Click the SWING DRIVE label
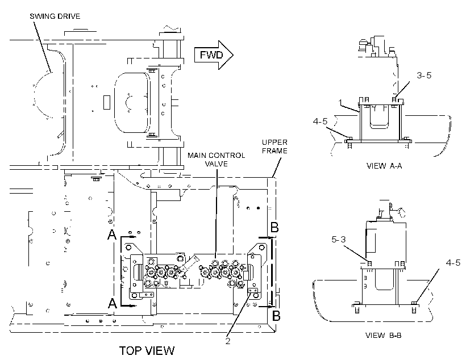tap(55, 16)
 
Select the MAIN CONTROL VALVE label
tap(217, 160)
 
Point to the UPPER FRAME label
tap(274, 146)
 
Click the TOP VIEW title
tap(147, 351)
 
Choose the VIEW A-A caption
tap(384, 166)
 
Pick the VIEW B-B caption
tap(384, 336)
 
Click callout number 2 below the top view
tap(228, 341)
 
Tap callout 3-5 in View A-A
tap(424, 75)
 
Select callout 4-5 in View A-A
tap(320, 121)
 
